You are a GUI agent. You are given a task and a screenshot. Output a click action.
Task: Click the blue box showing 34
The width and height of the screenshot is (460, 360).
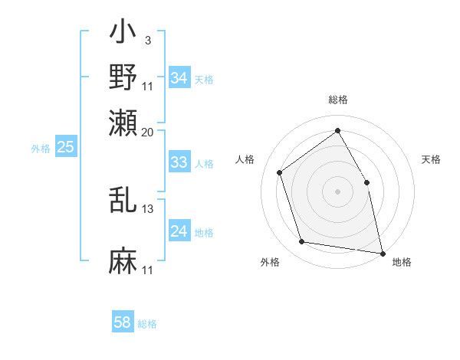click(x=179, y=78)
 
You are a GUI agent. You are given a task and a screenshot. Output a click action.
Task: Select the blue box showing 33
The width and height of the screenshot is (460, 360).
click(x=179, y=162)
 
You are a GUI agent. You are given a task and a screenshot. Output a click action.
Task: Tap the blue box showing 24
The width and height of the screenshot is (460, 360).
click(x=179, y=231)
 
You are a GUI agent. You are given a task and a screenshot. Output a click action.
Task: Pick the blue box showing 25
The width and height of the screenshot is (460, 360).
click(x=65, y=147)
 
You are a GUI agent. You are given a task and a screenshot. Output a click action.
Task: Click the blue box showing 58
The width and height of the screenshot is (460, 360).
click(x=123, y=322)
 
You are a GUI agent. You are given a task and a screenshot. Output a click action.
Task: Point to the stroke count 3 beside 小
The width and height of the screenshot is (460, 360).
click(x=147, y=40)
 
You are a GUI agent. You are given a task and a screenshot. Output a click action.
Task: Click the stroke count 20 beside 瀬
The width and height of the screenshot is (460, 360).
click(x=148, y=131)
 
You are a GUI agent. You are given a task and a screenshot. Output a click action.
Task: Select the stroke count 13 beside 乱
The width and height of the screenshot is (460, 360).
click(x=148, y=208)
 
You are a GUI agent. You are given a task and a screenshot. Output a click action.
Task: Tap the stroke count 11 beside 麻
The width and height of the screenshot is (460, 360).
click(x=148, y=270)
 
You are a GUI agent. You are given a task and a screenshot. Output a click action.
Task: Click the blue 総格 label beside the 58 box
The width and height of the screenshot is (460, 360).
click(x=147, y=324)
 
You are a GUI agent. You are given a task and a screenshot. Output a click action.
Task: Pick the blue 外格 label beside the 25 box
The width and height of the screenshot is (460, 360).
click(x=40, y=149)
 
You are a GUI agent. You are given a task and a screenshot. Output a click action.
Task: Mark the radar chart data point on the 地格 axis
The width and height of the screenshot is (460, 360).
click(x=382, y=252)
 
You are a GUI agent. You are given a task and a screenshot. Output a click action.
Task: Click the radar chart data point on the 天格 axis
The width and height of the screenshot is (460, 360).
click(x=366, y=182)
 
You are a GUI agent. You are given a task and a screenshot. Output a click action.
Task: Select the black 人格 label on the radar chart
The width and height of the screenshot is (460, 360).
click(x=245, y=159)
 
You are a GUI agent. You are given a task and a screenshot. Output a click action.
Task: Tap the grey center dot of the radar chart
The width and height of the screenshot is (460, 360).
click(x=337, y=190)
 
